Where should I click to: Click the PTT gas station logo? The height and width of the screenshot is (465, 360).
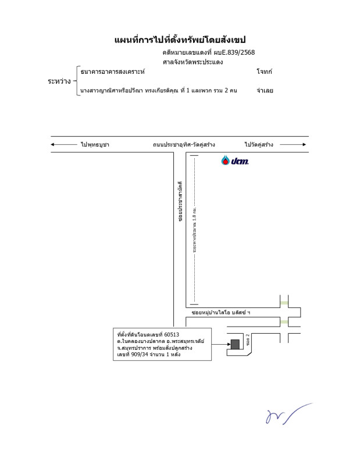point(235,160)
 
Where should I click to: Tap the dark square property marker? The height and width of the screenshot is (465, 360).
point(234,344)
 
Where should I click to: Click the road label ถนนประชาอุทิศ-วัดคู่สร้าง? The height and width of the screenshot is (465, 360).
point(184,144)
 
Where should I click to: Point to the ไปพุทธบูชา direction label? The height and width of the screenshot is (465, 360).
point(95,144)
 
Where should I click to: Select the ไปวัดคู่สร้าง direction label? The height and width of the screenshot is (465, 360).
point(259,144)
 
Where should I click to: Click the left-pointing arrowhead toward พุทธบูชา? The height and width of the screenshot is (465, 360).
point(53,144)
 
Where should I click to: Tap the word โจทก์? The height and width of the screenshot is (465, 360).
point(264,71)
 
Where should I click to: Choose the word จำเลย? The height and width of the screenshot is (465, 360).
point(265,91)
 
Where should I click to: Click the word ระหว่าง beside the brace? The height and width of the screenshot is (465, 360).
point(59,81)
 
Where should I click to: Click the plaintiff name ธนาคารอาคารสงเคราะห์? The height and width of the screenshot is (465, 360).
point(113,71)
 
